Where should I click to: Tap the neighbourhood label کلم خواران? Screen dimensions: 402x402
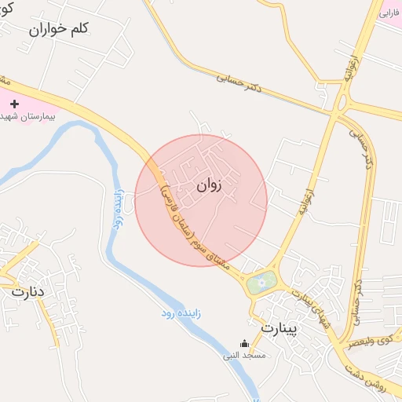coord(60,29)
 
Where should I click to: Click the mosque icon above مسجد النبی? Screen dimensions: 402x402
coord(244,343)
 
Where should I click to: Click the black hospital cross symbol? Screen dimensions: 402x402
coord(13,103)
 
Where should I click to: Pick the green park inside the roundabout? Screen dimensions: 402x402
coord(261,281)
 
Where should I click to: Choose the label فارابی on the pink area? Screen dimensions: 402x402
coord(390,13)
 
